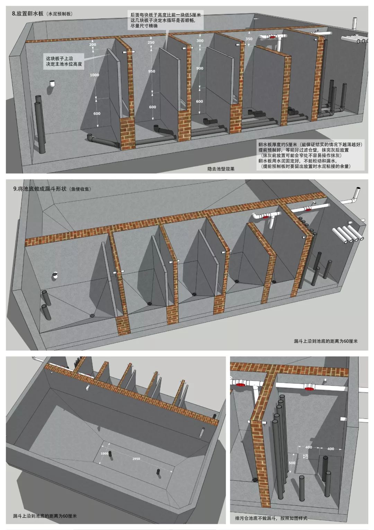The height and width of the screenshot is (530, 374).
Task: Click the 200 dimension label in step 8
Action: coord(92,45)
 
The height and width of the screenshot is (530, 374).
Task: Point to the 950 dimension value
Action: coord(151,71)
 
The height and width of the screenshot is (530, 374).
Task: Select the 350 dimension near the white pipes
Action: coord(249,39)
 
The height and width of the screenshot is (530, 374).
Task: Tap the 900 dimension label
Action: coord(199,69)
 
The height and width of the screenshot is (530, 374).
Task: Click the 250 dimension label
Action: coord(151,43)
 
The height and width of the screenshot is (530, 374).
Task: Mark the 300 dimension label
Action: coord(200,41)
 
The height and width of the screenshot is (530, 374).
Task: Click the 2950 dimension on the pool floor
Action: coord(136,459)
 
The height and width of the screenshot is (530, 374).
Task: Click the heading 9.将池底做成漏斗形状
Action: coord(52,189)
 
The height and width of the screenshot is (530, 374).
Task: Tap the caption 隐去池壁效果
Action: coord(221,169)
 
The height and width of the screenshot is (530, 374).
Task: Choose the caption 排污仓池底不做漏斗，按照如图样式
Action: coord(271,518)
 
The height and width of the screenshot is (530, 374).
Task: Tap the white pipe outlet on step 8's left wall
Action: coord(52,84)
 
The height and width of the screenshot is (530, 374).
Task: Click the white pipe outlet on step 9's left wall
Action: coord(55,276)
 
